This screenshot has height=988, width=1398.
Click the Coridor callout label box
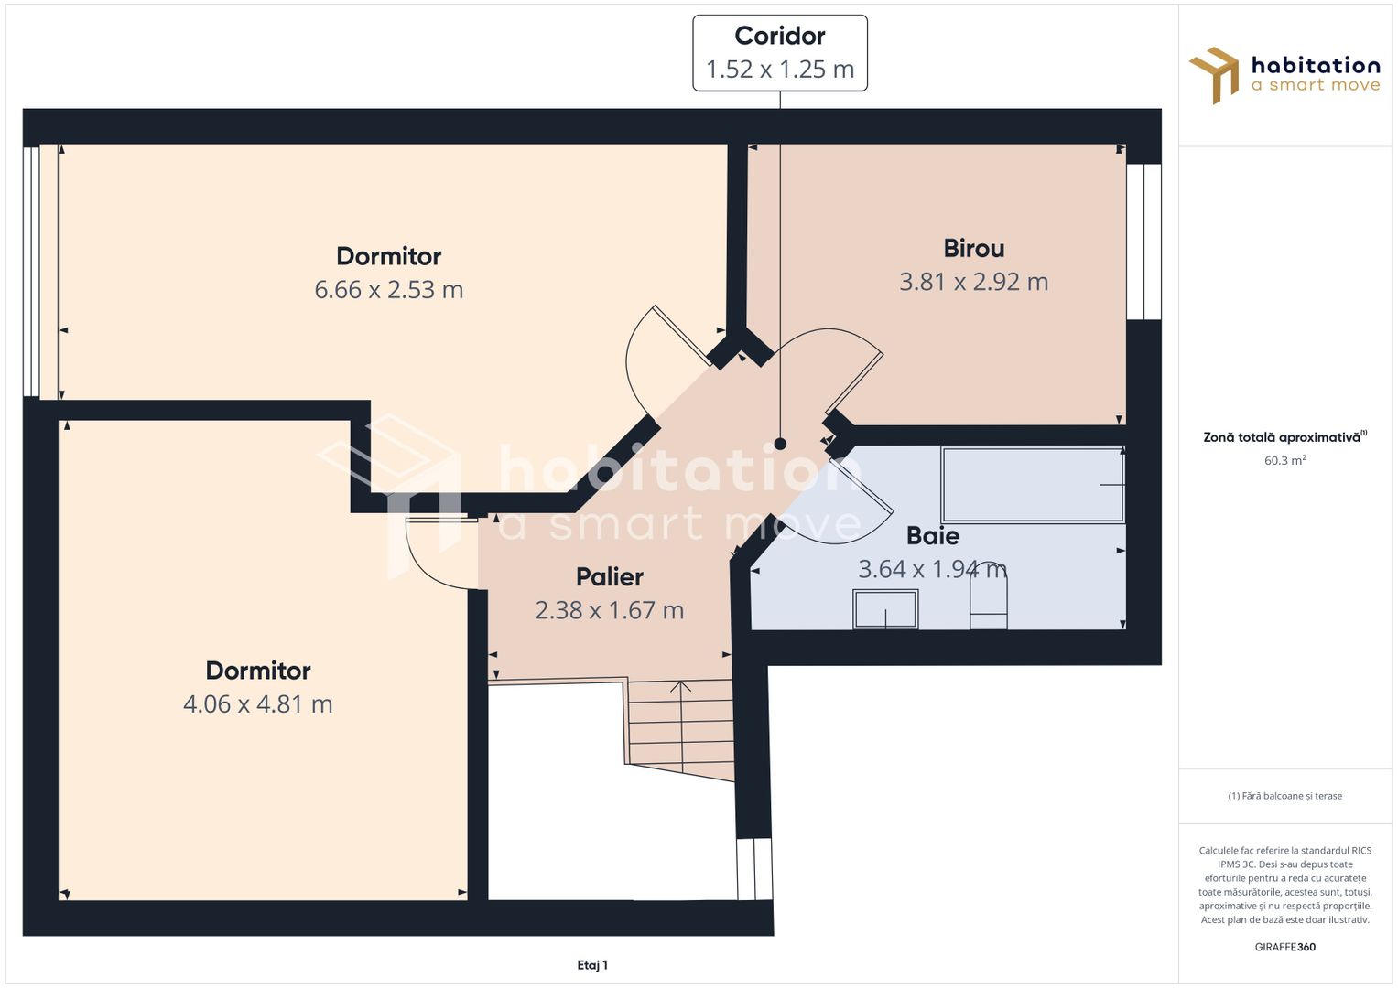(779, 53)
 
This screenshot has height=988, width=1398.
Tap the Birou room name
(973, 248)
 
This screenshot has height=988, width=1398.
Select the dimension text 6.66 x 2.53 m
(389, 289)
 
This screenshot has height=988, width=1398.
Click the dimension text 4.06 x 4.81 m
(258, 703)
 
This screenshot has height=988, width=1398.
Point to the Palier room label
(609, 577)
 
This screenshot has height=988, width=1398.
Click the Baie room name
(933, 536)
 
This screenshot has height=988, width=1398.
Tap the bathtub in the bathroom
(1033, 485)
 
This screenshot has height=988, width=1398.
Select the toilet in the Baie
(988, 596)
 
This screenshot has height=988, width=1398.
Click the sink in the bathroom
(885, 608)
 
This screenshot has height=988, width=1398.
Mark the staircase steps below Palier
(680, 726)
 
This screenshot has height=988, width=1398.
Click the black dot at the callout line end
(780, 444)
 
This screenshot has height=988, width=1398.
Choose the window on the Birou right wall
(1144, 242)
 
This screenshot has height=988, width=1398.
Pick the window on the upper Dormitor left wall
(31, 272)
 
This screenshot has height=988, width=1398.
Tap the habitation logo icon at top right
(1214, 75)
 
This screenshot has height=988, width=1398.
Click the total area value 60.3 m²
(1285, 460)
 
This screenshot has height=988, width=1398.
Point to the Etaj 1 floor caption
(592, 965)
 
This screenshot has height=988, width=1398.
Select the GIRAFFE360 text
(1285, 947)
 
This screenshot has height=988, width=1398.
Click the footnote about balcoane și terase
(1285, 795)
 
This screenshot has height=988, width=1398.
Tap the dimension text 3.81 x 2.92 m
(973, 282)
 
